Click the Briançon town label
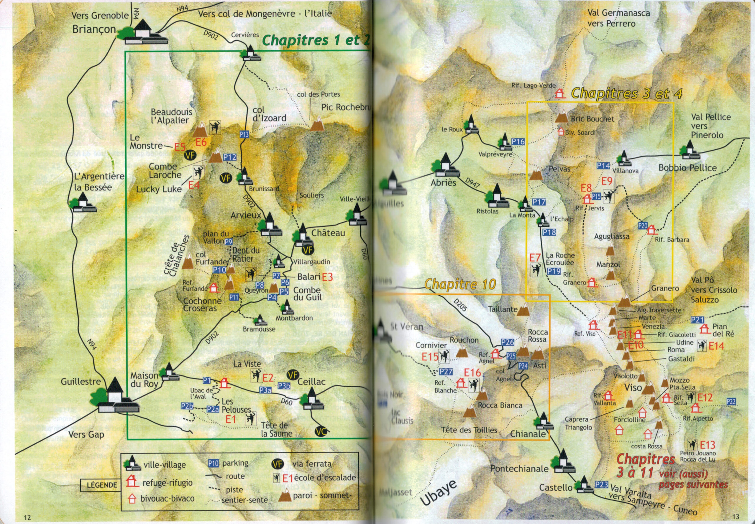[94, 29]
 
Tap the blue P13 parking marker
[244, 134]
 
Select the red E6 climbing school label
[201, 142]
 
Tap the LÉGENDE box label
[102, 485]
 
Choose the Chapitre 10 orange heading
[460, 284]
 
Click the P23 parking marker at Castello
[602, 484]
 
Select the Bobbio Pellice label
[687, 168]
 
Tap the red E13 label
[707, 445]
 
